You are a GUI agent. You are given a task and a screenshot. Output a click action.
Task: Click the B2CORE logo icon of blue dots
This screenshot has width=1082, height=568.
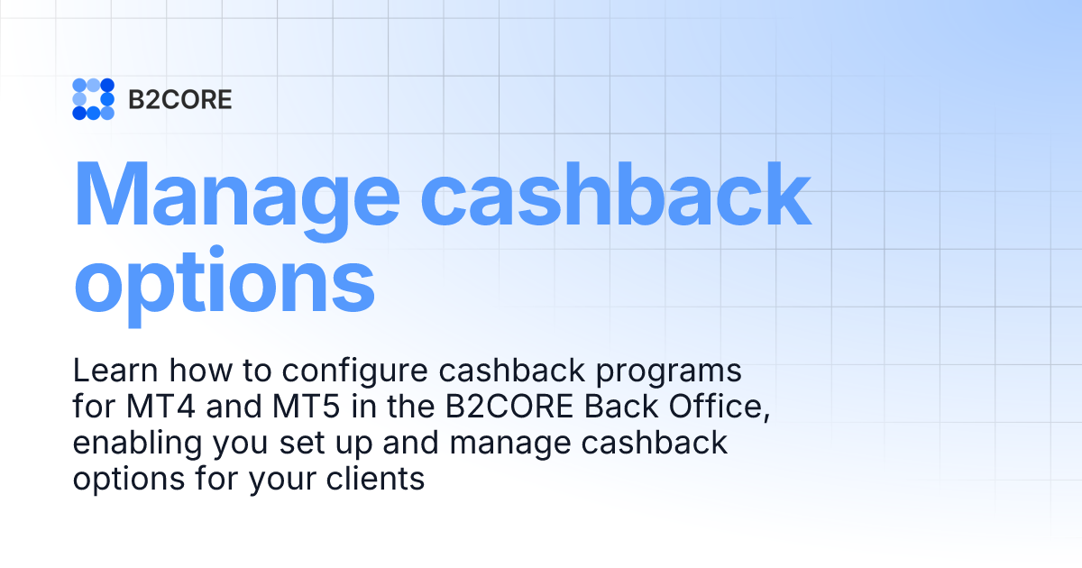(93, 99)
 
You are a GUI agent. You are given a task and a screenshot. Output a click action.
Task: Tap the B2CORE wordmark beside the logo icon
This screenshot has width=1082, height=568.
(180, 100)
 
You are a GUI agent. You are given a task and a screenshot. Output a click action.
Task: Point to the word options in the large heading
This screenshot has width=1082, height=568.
(224, 281)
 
